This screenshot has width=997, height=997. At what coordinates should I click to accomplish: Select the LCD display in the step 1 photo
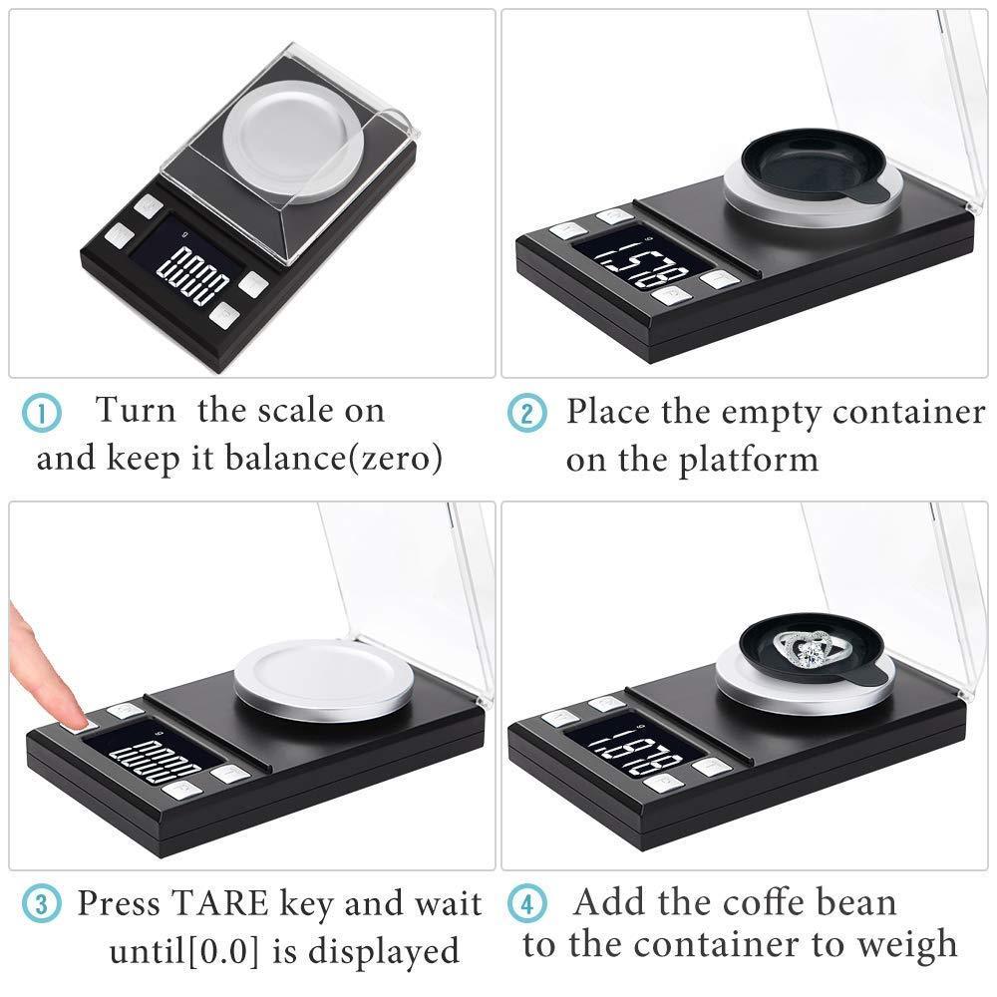[x=193, y=272]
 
